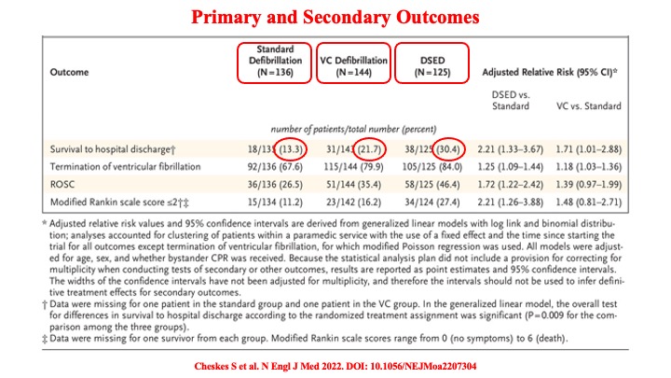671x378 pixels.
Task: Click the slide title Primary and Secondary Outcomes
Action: [x=335, y=18]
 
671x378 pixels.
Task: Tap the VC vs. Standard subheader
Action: [x=609, y=105]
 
